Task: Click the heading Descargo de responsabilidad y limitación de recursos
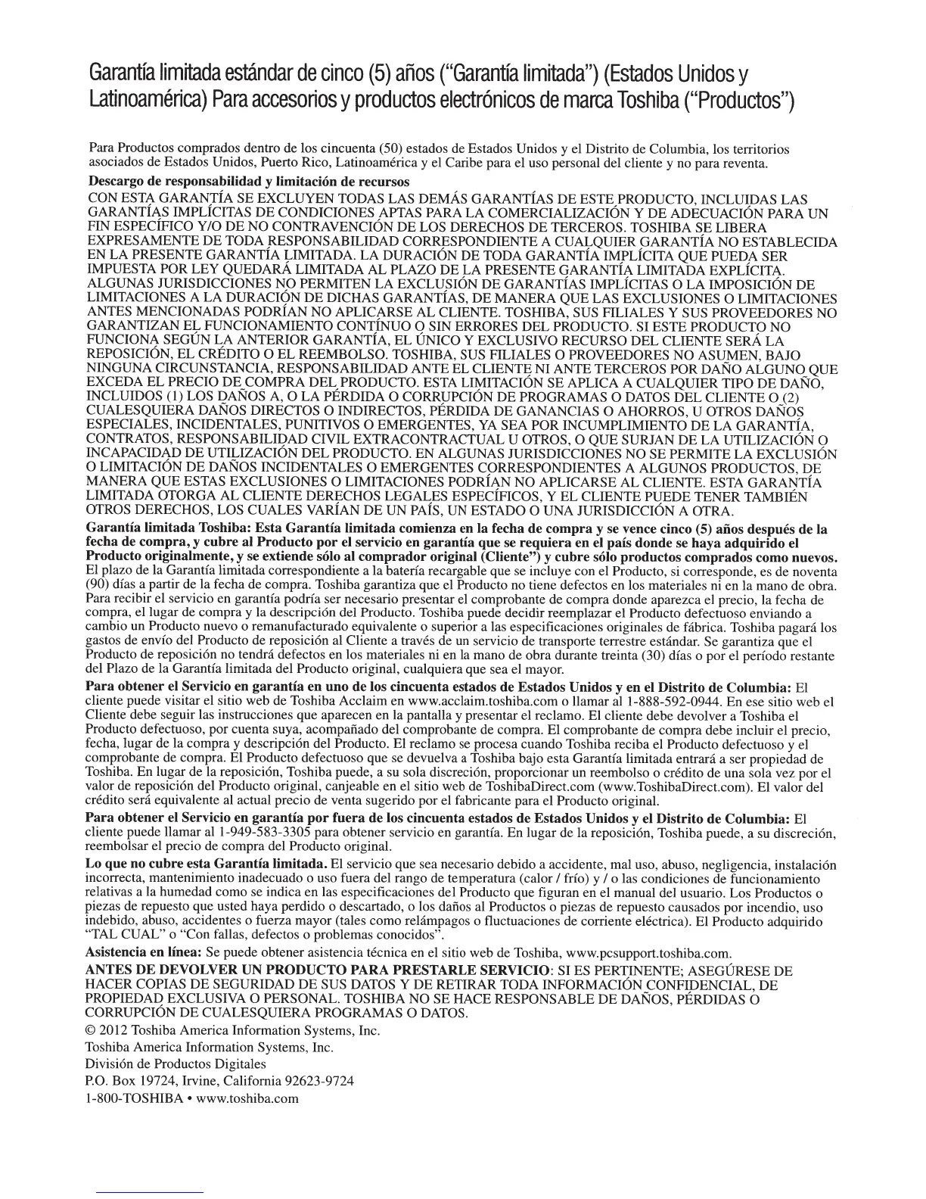click(249, 182)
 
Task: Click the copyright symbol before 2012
click(93, 1031)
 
